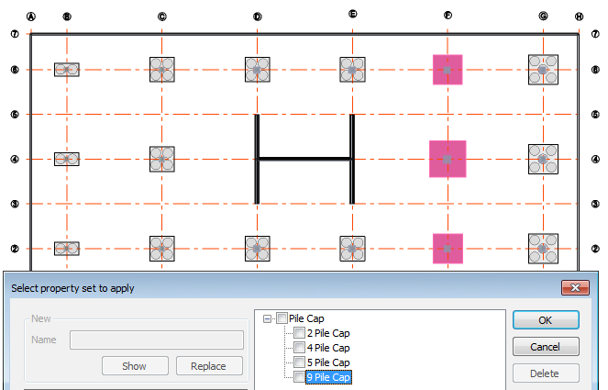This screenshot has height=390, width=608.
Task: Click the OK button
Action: click(x=546, y=319)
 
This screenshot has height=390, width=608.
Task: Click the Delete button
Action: click(x=546, y=373)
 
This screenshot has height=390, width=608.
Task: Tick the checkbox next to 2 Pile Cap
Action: click(x=299, y=333)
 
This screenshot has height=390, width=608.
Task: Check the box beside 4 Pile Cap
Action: click(x=299, y=348)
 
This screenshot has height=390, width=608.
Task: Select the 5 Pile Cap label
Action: click(x=328, y=362)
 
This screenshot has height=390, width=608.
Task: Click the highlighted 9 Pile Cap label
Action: click(x=328, y=377)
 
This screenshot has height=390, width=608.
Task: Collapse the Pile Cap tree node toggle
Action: click(x=267, y=318)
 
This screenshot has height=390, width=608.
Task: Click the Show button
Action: click(x=134, y=366)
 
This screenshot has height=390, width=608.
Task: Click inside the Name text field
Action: click(x=156, y=340)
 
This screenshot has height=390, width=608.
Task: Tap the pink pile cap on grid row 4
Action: click(x=448, y=159)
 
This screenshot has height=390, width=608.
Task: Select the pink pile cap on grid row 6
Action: click(x=448, y=70)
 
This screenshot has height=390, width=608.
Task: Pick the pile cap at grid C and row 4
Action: click(x=161, y=159)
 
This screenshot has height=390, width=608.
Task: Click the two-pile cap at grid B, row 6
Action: click(x=67, y=70)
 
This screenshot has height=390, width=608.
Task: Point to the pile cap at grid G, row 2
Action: click(x=543, y=248)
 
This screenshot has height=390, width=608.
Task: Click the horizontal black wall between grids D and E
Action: click(x=304, y=159)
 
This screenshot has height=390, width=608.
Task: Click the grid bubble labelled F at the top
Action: click(x=448, y=16)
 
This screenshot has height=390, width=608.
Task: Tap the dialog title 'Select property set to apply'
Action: click(x=72, y=288)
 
